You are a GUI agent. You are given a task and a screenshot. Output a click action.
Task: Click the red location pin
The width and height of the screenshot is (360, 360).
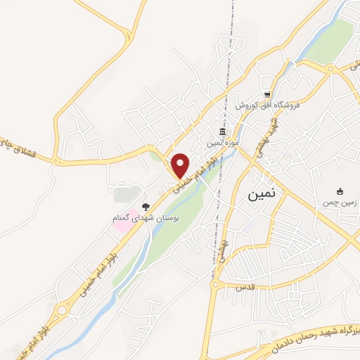(181, 165)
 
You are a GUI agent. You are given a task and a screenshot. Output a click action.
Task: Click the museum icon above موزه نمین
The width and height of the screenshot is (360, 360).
(222, 132)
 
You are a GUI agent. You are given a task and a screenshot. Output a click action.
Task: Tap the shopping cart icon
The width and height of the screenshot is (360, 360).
(267, 94)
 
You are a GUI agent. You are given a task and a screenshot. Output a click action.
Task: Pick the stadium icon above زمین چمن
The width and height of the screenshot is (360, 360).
(340, 191)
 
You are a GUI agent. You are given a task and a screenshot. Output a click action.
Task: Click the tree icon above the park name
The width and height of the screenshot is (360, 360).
(146, 207)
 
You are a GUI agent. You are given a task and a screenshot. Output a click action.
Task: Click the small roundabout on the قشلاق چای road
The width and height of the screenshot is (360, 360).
(55, 160)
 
